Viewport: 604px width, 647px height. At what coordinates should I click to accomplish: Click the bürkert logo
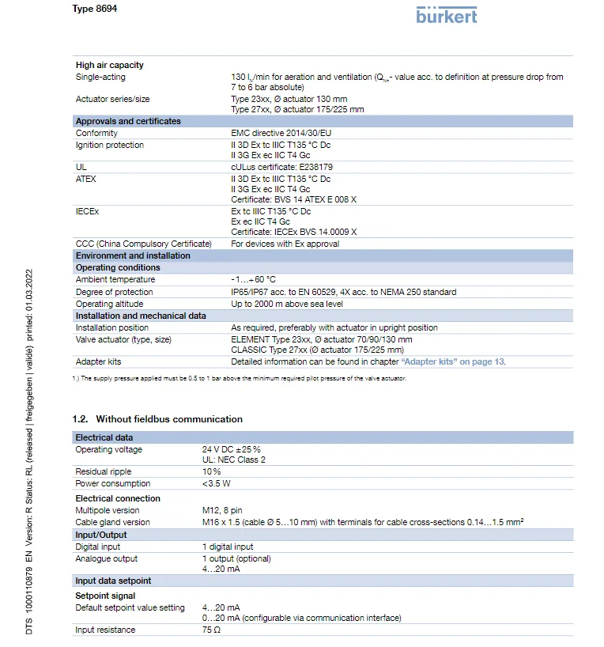[447, 14]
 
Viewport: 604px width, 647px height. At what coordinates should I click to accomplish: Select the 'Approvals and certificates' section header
[128, 121]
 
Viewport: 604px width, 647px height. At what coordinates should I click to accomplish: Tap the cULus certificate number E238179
[281, 168]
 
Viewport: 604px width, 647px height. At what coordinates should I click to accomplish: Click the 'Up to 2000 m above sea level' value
[287, 304]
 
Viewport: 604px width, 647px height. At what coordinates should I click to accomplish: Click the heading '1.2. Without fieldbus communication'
[157, 419]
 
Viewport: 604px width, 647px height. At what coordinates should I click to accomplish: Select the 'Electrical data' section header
[104, 437]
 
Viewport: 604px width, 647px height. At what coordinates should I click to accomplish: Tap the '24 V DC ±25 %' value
[232, 449]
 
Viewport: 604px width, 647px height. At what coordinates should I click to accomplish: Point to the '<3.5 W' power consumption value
[217, 483]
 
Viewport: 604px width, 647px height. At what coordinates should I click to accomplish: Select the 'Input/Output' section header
[101, 535]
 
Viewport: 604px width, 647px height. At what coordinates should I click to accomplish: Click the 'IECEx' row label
[87, 212]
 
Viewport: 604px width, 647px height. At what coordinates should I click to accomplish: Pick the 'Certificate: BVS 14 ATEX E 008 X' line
[293, 200]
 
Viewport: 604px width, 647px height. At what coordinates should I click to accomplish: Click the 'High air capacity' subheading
[110, 65]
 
